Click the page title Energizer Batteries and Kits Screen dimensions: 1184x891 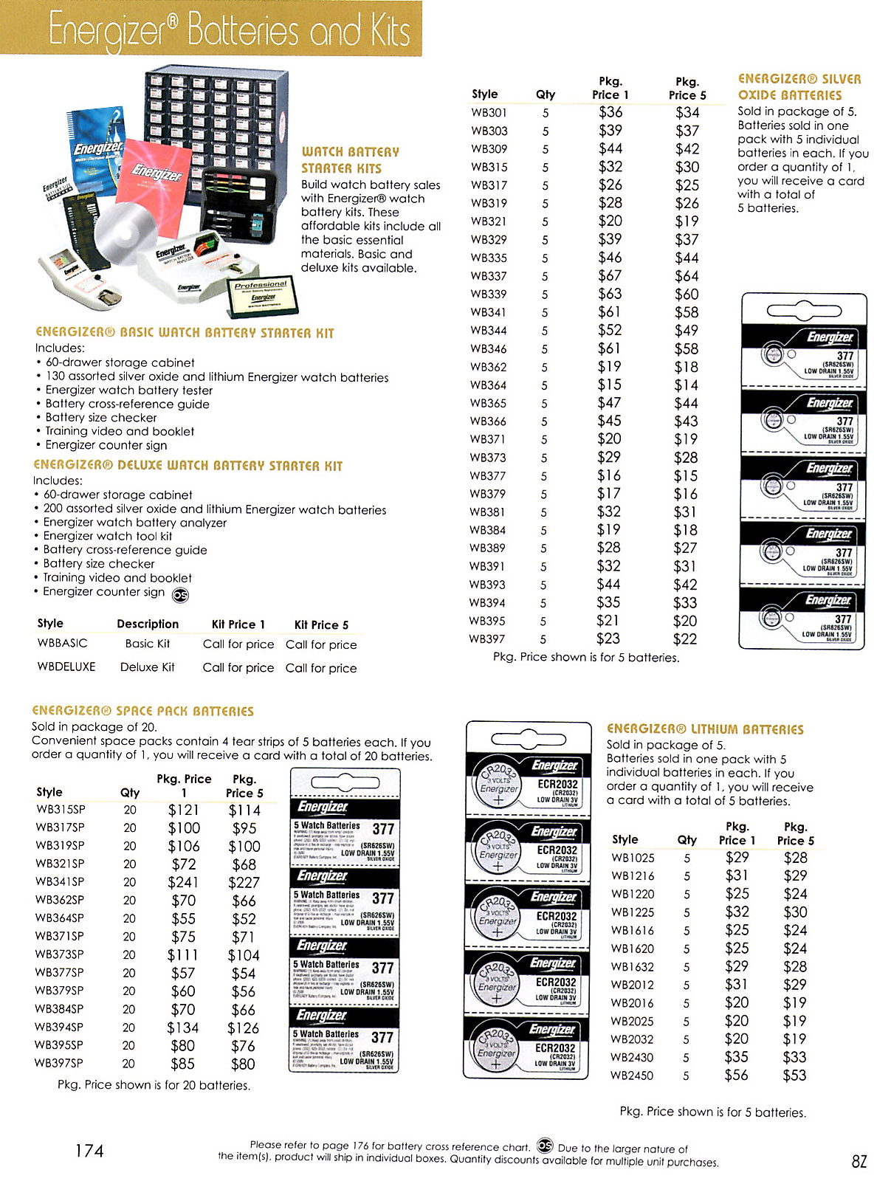(x=229, y=31)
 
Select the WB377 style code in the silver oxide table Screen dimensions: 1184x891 (x=488, y=476)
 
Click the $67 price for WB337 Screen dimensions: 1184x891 (x=610, y=276)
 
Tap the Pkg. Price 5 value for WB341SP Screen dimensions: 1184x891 (x=244, y=882)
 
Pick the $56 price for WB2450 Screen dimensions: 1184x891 (x=736, y=1075)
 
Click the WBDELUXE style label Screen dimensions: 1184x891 (x=66, y=667)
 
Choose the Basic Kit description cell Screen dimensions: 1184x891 (x=148, y=644)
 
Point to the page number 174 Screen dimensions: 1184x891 (x=89, y=1151)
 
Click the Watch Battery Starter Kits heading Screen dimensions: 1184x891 (x=350, y=160)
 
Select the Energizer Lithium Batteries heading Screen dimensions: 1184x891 (x=705, y=729)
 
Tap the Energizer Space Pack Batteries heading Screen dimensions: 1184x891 (x=142, y=711)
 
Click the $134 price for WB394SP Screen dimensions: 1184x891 (x=183, y=1028)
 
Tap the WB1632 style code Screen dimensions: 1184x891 (x=633, y=967)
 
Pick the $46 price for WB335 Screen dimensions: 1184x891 (x=610, y=258)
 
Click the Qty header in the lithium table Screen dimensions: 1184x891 (x=687, y=840)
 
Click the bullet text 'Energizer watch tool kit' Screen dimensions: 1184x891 (x=108, y=536)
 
